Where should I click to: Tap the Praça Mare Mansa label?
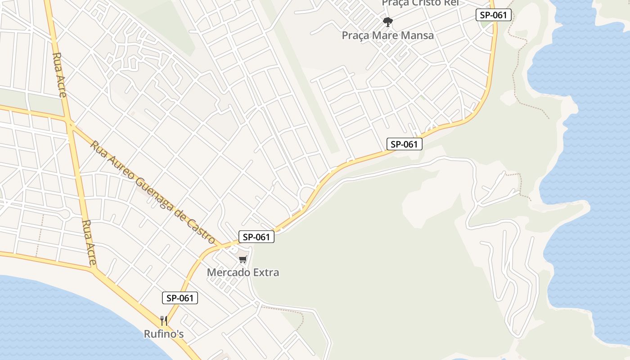tap(388, 35)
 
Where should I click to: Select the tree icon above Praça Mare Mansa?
tap(387, 21)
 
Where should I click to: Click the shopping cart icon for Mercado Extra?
tap(243, 259)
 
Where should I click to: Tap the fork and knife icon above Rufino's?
tap(164, 321)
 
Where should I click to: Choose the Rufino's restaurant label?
tap(164, 334)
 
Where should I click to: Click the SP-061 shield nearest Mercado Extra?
tap(256, 237)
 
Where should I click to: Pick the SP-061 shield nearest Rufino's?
tap(180, 297)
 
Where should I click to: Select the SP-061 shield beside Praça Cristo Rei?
tap(494, 15)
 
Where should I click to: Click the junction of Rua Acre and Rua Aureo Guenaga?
tap(70, 122)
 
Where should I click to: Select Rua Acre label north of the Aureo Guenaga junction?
tap(60, 74)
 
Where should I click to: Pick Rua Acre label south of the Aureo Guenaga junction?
tap(89, 242)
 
